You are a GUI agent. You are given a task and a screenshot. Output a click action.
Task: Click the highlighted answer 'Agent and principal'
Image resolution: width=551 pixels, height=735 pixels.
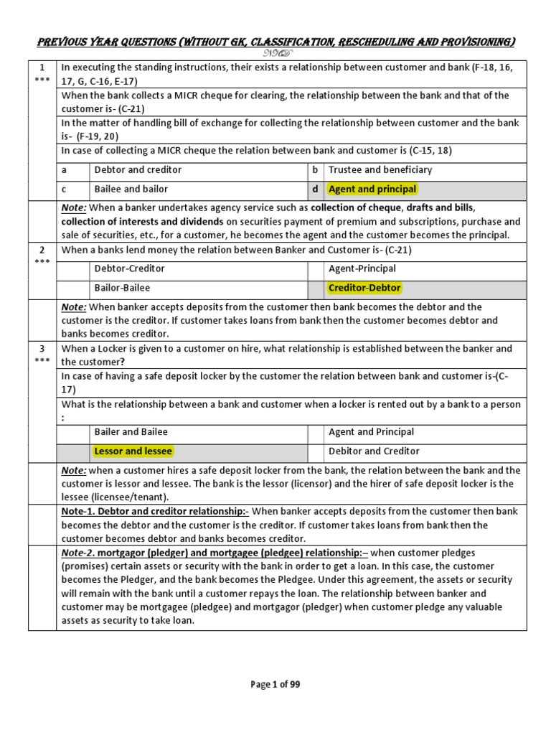pos(372,189)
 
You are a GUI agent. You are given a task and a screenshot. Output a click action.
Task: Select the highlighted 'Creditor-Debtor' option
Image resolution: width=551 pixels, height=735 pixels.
pos(364,288)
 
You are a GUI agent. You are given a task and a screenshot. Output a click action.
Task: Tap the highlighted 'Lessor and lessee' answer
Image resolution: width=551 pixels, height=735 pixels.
pos(133,451)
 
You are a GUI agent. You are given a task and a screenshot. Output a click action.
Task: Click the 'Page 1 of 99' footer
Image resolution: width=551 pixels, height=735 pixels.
pos(275,684)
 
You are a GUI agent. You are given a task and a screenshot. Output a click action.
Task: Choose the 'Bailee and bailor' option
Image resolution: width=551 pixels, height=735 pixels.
pos(131,189)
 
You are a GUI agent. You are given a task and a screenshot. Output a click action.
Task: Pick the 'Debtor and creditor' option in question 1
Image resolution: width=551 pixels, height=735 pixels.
pos(138,170)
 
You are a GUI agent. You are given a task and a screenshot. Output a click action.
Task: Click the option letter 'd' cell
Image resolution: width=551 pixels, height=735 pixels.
pos(314,189)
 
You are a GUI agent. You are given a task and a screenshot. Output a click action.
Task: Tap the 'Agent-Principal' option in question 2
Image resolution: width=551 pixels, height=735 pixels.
pos(362,268)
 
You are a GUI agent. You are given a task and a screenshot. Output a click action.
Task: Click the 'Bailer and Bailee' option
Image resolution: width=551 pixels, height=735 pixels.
pos(131,432)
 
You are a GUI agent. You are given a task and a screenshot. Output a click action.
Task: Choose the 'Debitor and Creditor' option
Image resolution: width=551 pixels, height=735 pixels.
pos(374,451)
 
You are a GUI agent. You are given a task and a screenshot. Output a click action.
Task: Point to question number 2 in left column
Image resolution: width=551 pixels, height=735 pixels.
pos(42,250)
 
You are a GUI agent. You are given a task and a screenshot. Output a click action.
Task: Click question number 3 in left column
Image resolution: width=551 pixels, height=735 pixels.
pos(42,349)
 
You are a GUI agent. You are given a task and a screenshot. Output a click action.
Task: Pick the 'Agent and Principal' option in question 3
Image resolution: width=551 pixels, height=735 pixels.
pos(371,432)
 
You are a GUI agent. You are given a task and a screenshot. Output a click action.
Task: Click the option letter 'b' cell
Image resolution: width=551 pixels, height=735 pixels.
pos(314,170)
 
